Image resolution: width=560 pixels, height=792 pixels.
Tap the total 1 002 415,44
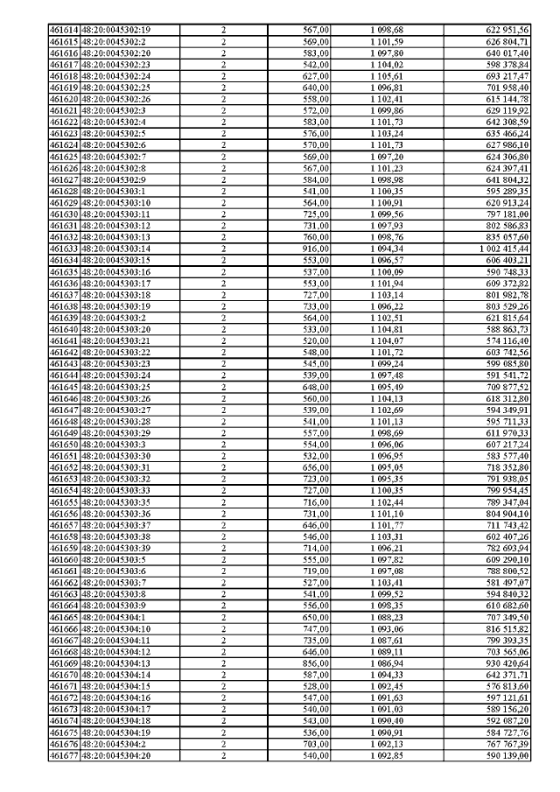(x=515, y=249)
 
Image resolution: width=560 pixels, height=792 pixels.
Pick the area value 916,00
(x=316, y=249)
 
